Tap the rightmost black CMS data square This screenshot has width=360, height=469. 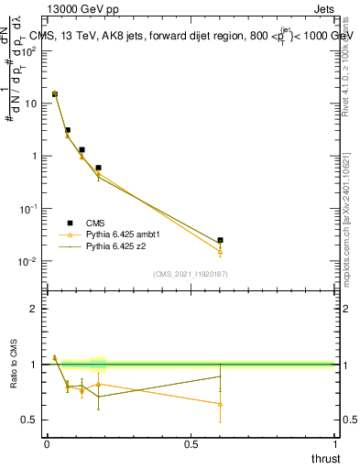coord(220,240)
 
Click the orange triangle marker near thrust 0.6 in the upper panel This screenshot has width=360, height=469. coord(220,252)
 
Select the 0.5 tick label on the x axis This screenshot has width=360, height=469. coord(191,443)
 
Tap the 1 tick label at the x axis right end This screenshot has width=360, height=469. coord(334,443)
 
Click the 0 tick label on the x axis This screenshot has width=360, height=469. coord(47,443)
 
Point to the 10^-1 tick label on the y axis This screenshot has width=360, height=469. coord(26,209)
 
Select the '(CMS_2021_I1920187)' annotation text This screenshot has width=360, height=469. coord(191,274)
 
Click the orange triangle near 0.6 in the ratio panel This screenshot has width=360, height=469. coord(220,403)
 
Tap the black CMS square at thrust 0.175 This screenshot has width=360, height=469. coord(98,168)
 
